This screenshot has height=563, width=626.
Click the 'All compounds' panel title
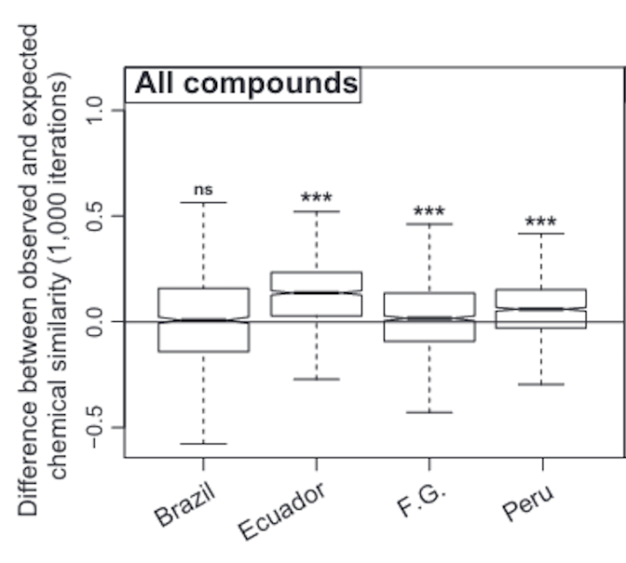(x=245, y=84)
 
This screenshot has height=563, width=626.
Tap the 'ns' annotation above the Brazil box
(x=204, y=189)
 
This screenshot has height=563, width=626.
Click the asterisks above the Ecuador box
(x=317, y=198)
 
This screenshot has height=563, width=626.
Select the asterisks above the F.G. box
(x=429, y=211)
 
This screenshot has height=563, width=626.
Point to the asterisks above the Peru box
(x=540, y=222)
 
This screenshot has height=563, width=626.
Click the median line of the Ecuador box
(x=317, y=292)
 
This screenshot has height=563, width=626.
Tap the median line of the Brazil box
(x=204, y=319)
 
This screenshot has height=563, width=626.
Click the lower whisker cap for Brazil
(x=204, y=444)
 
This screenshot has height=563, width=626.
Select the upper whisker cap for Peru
(x=540, y=234)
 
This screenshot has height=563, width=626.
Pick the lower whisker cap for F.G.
(x=429, y=411)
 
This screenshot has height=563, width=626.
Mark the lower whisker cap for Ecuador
(x=317, y=379)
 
